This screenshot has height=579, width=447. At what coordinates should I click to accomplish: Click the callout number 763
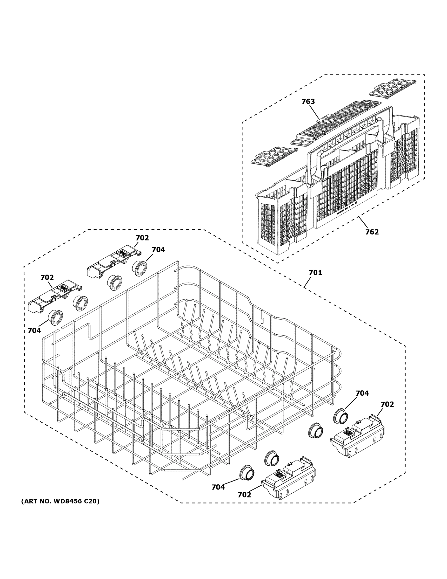tap(308, 102)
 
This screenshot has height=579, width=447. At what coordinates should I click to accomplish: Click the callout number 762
tap(372, 232)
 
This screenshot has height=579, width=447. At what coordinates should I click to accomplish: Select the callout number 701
tap(315, 273)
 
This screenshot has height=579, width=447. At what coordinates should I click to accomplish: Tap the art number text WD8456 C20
tap(60, 501)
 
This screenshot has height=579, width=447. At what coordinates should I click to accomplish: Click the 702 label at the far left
tap(47, 278)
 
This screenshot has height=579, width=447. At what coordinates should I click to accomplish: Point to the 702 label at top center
tap(142, 238)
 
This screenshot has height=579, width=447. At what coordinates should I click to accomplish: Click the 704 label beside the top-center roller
tap(158, 250)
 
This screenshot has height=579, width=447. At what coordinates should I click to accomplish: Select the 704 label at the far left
tap(34, 331)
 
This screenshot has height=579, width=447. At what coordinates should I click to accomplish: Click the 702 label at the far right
tap(387, 404)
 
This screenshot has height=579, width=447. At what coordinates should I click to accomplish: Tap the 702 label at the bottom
tap(244, 495)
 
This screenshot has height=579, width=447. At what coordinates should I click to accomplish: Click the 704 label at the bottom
tap(218, 487)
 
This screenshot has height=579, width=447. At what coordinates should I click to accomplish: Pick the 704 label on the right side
tap(362, 393)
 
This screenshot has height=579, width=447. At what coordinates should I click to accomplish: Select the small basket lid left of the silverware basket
tap(273, 156)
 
